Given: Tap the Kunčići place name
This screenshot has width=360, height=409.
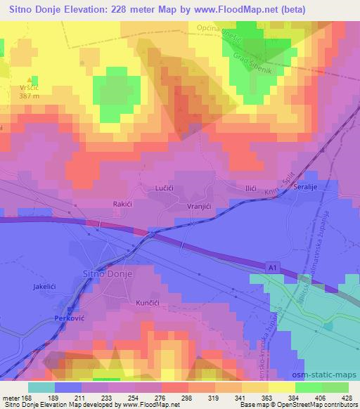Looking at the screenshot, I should point(149,301).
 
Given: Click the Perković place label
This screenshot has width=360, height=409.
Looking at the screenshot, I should point(70,318).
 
